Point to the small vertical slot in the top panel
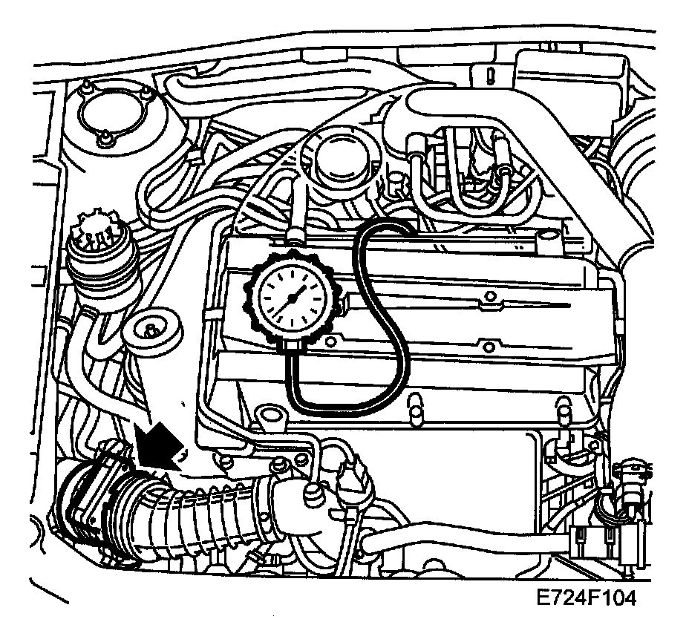[x=492, y=74]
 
